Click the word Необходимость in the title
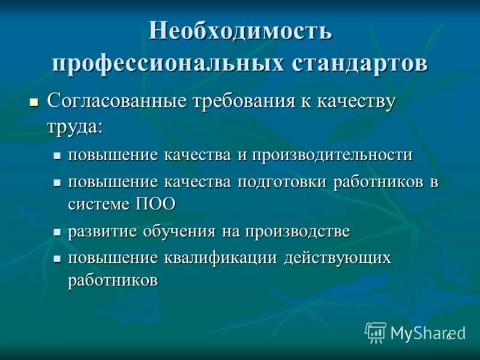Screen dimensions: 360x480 [x=240, y=31]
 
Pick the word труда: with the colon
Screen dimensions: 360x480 [x=75, y=126]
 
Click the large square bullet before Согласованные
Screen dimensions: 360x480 [x=34, y=101]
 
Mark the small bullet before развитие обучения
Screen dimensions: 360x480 [x=57, y=232]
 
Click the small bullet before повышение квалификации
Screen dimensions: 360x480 [x=57, y=259]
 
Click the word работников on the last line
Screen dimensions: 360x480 [x=113, y=280]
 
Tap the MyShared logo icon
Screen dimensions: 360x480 [x=376, y=332]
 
